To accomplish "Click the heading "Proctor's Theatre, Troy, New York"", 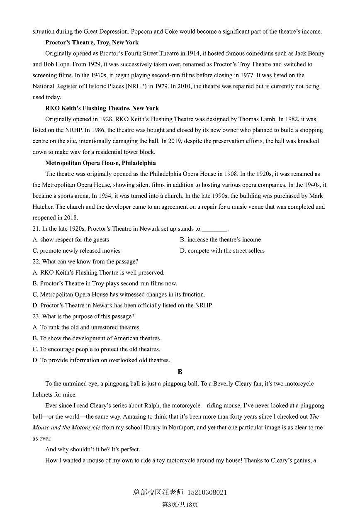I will click(x=92, y=42).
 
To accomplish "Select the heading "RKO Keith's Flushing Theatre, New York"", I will click(x=102, y=108).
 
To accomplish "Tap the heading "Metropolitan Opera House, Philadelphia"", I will click(x=100, y=163).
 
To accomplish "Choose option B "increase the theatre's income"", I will click(x=220, y=240).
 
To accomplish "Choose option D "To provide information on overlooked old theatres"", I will click(x=101, y=360).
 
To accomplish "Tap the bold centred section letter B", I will click(x=180, y=372).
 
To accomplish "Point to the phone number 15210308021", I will click(x=207, y=493).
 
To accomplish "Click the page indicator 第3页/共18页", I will click(x=180, y=504).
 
